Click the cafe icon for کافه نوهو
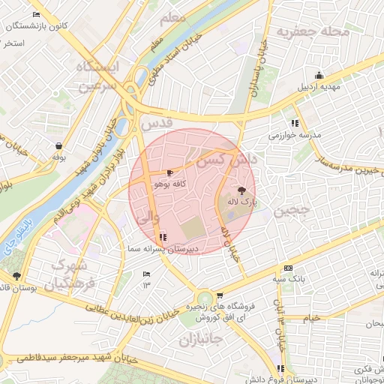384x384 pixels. pyautogui.click(x=169, y=173)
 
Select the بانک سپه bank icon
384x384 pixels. pyautogui.click(x=288, y=269)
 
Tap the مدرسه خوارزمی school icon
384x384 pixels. pyautogui.click(x=295, y=123)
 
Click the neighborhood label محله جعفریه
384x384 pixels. pyautogui.click(x=313, y=32)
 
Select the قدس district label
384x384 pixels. pyautogui.click(x=157, y=121)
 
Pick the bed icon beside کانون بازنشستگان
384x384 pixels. pyautogui.click(x=37, y=15)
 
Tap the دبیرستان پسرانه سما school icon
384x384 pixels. pyautogui.click(x=163, y=238)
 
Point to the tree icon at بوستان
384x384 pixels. pyautogui.click(x=16, y=276)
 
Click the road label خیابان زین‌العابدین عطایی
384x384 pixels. pyautogui.click(x=135, y=313)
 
